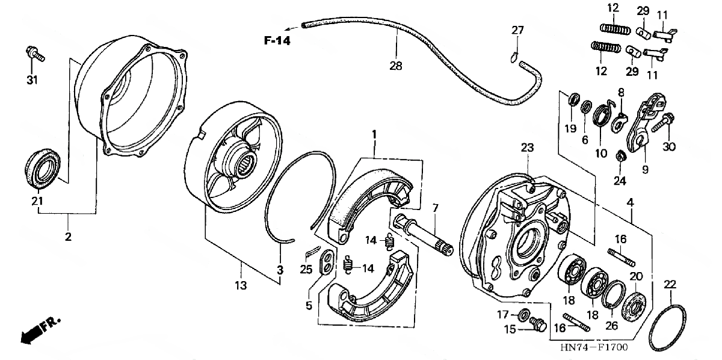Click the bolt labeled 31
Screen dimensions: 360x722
click(x=34, y=55)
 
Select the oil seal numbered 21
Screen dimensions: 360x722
click(x=44, y=167)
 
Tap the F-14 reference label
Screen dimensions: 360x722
click(x=276, y=41)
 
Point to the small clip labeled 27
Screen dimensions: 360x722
click(x=512, y=56)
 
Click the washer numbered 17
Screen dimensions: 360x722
click(x=524, y=314)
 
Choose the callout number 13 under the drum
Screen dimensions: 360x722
click(x=241, y=287)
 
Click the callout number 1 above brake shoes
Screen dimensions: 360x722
click(x=374, y=134)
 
